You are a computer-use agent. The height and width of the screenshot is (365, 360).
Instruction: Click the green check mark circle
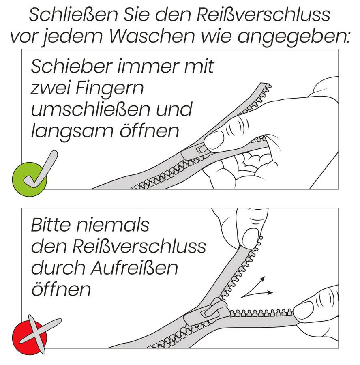pyautogui.click(x=29, y=179)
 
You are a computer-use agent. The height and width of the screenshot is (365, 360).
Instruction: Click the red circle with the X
pyautogui.click(x=29, y=337)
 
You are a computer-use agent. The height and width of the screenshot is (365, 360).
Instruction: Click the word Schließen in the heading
pyautogui.click(x=73, y=15)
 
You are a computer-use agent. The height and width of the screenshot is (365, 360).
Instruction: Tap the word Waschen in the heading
pyautogui.click(x=152, y=36)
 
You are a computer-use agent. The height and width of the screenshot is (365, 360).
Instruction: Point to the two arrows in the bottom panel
pyautogui.click(x=255, y=289)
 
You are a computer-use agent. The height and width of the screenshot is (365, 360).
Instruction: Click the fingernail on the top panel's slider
pyautogui.click(x=214, y=140)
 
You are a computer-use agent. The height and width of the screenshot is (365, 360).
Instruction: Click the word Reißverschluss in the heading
pyautogui.click(x=264, y=15)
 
